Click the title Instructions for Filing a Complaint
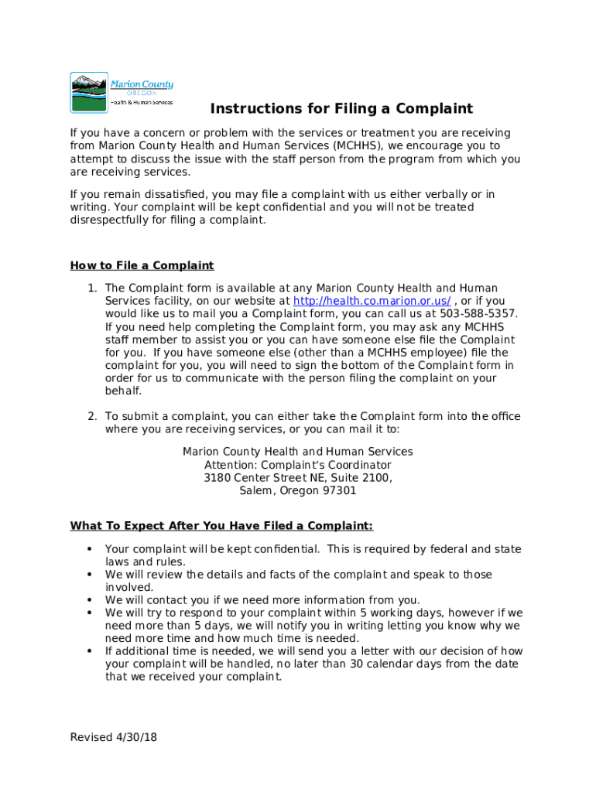click(x=341, y=109)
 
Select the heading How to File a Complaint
click(x=142, y=266)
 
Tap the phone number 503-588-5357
click(x=478, y=313)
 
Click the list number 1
click(x=91, y=288)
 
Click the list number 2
click(x=91, y=416)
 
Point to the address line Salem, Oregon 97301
click(x=298, y=490)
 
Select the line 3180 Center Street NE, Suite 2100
click(x=298, y=478)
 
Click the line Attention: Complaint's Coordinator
click(x=298, y=465)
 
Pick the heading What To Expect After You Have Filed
click(x=221, y=526)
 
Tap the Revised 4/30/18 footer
click(x=114, y=737)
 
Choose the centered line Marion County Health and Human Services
click(x=298, y=452)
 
